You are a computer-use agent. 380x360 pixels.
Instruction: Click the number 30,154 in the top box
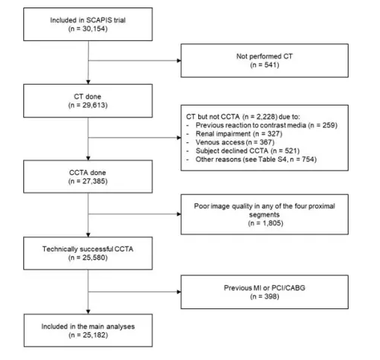[94, 28]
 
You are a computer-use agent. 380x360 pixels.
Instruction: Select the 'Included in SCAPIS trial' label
[88, 20]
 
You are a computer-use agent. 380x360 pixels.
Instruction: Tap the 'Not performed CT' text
[264, 56]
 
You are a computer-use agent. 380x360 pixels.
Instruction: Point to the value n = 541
[265, 65]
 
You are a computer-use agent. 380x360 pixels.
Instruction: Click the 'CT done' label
[88, 97]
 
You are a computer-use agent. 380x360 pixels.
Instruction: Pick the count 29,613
[94, 105]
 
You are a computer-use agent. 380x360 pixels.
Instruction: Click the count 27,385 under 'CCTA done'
[94, 181]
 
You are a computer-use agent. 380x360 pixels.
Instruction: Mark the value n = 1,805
[266, 223]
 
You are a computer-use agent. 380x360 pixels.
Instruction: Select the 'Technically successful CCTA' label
[88, 249]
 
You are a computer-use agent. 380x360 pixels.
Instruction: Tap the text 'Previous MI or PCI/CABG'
[264, 288]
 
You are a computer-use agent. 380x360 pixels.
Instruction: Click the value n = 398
[265, 296]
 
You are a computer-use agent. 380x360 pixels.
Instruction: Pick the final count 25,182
[94, 335]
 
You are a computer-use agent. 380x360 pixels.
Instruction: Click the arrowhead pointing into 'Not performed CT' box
[179, 61]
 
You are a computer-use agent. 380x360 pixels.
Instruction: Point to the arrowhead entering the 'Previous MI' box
[179, 292]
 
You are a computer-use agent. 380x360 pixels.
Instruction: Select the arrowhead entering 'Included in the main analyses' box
[88, 312]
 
